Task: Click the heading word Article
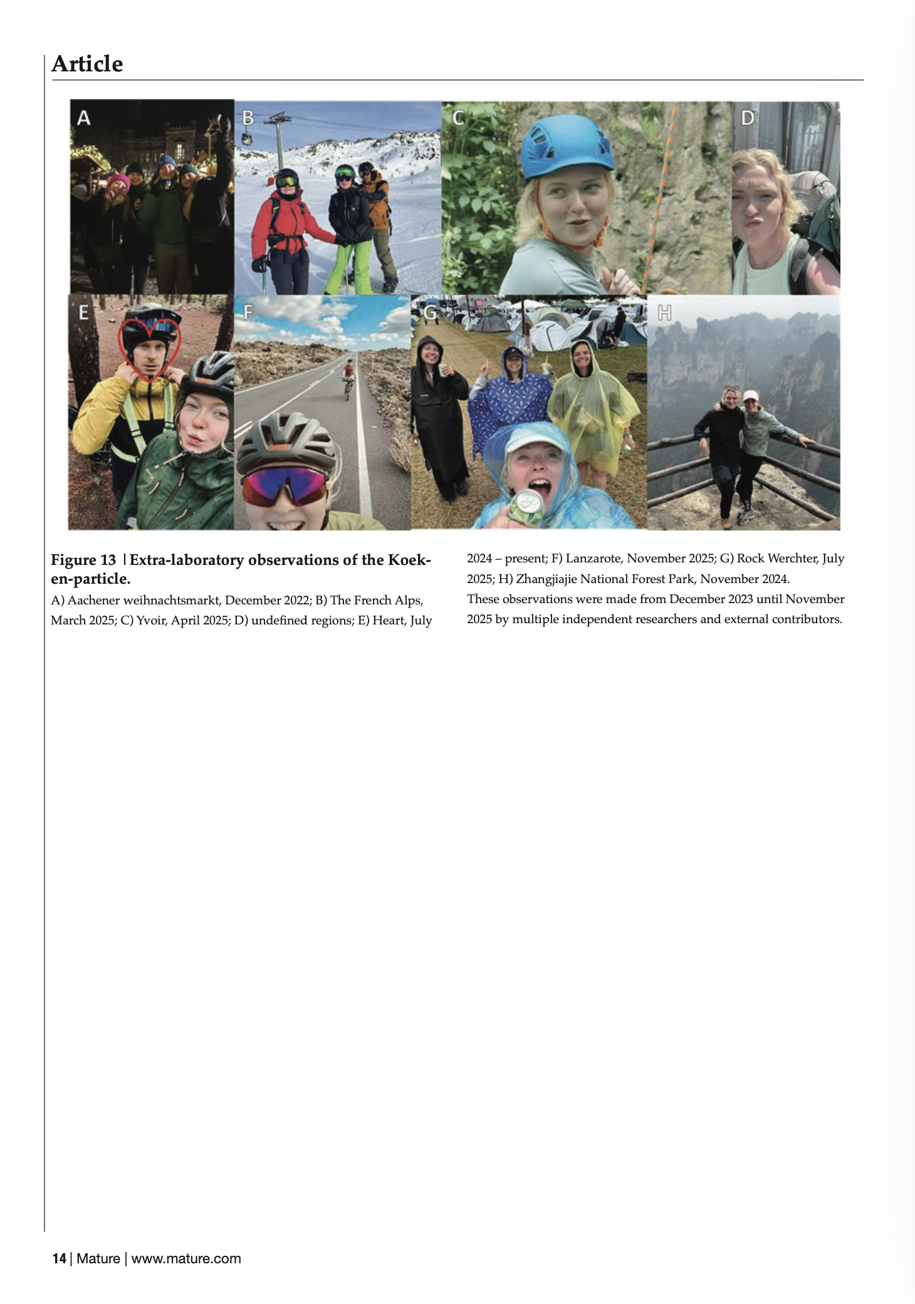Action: click(87, 64)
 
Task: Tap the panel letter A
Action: click(83, 117)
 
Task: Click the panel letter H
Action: click(664, 313)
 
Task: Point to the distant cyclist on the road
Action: click(348, 380)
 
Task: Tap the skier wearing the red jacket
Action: click(286, 225)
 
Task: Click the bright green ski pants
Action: click(344, 266)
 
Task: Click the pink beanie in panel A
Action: click(118, 182)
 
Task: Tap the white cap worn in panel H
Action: click(750, 395)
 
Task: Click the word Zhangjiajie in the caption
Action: click(546, 579)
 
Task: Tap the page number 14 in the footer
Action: click(59, 1258)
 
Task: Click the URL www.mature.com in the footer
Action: click(186, 1258)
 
